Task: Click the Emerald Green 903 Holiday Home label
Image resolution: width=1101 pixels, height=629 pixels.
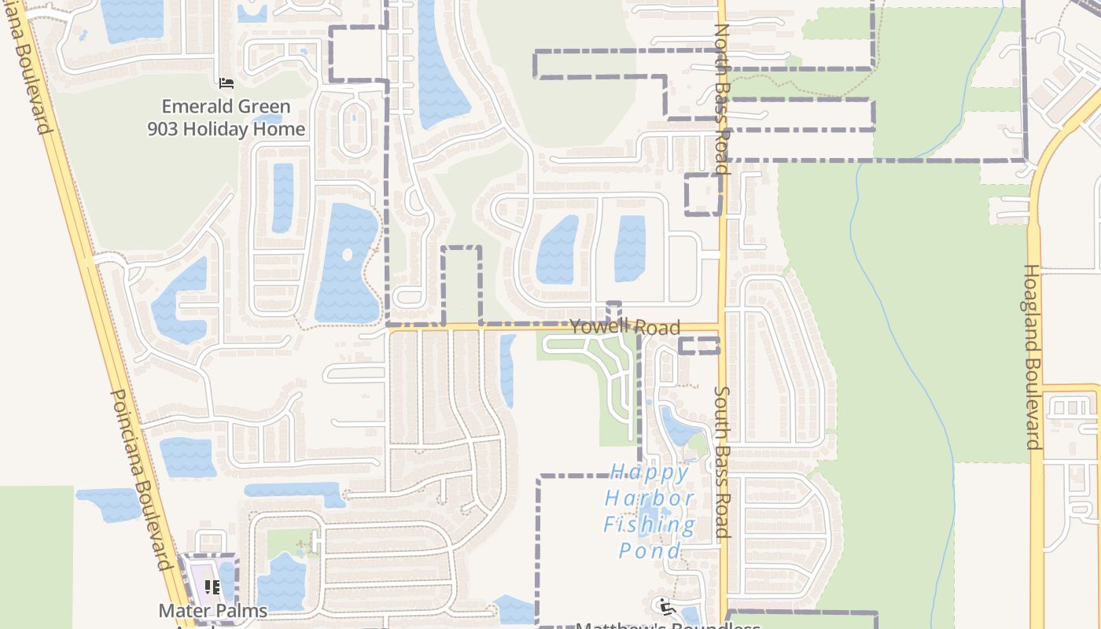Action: pyautogui.click(x=226, y=118)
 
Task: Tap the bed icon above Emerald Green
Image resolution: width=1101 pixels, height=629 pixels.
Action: pyautogui.click(x=226, y=83)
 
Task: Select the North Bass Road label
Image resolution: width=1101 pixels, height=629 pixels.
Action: pyautogui.click(x=721, y=98)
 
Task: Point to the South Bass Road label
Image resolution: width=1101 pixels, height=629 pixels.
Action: pyautogui.click(x=722, y=462)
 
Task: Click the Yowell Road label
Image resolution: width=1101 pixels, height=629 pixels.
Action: pyautogui.click(x=624, y=327)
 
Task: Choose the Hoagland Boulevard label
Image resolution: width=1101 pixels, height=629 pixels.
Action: pyautogui.click(x=1032, y=356)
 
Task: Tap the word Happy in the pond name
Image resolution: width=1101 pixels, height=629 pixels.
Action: pyautogui.click(x=650, y=473)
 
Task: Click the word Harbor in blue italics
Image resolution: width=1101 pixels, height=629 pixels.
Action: pyautogui.click(x=650, y=498)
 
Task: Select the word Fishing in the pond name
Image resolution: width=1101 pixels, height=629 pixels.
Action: pyautogui.click(x=650, y=524)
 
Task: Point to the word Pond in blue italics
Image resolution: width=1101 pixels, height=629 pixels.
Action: pyautogui.click(x=650, y=550)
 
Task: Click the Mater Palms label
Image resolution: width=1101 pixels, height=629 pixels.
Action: pyautogui.click(x=212, y=611)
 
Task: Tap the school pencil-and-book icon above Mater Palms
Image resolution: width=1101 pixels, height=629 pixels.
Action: pyautogui.click(x=212, y=587)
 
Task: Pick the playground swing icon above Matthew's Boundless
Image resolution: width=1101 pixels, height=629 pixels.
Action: pyautogui.click(x=666, y=606)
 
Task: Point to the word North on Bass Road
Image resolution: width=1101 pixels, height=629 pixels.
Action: pyautogui.click(x=721, y=50)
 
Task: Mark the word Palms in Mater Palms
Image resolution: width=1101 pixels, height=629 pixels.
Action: pyautogui.click(x=241, y=611)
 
